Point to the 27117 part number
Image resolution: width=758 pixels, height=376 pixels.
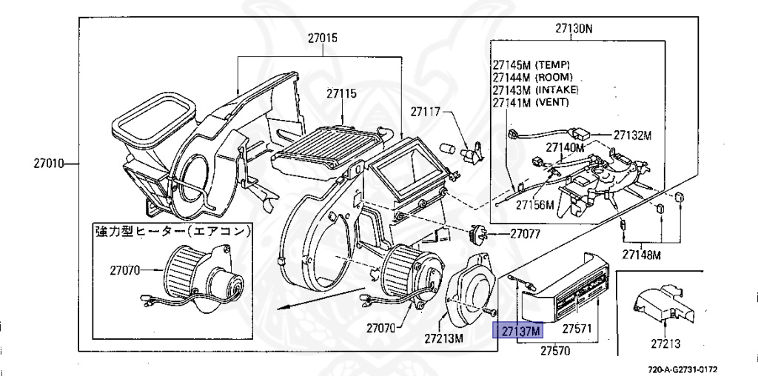[x=426, y=113]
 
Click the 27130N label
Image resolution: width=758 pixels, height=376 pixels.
[x=574, y=29]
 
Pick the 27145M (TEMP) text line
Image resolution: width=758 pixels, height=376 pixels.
[x=531, y=64]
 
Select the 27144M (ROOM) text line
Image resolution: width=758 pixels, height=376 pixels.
[x=532, y=77]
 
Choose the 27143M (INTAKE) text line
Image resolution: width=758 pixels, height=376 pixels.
[x=535, y=90]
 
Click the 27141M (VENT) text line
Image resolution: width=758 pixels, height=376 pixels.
[x=530, y=101]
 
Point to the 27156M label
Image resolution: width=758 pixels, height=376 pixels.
[x=534, y=204]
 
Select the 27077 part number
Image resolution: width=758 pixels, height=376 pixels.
[x=525, y=234]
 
